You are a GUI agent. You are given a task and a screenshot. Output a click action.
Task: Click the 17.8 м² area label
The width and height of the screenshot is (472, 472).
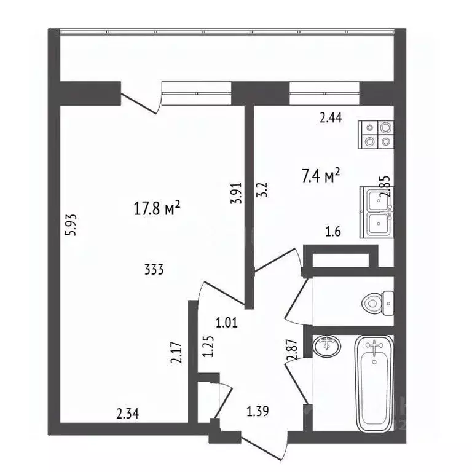coord(157,208)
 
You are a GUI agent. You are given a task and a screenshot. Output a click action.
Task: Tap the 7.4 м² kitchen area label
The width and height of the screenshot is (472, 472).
coord(321,176)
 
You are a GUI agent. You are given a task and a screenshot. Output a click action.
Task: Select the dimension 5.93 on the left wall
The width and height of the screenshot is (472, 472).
coord(73,225)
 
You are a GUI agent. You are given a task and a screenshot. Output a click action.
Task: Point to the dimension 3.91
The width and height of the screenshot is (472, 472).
coord(237,193)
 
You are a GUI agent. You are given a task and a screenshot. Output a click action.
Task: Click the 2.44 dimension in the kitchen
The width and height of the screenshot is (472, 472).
coord(331,117)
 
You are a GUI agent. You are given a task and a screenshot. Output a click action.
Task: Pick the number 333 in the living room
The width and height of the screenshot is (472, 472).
coord(154,269)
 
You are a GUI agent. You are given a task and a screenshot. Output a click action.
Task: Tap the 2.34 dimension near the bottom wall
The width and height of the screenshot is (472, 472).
coord(128,414)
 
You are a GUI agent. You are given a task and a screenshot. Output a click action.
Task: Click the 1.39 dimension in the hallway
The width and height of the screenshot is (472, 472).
coord(258,411)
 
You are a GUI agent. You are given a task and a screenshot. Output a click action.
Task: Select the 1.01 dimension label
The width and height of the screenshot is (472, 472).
coord(227,323)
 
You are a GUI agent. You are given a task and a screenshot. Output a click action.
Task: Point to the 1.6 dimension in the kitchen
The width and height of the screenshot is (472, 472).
coord(332,232)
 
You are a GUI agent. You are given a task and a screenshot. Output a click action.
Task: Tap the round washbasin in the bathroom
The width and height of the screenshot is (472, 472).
coord(327,346)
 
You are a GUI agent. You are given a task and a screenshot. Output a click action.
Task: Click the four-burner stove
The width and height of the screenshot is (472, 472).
coord(376,135)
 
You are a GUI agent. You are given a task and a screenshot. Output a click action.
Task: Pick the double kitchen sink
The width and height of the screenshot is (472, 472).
coord(377,213)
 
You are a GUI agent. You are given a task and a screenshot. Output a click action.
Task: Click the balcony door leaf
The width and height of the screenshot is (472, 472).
coord(138,104)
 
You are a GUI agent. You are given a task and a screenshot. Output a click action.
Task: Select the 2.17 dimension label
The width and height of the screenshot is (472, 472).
coord(176,353)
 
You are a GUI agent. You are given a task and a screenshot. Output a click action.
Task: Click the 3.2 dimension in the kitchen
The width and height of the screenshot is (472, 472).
coord(262,190)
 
